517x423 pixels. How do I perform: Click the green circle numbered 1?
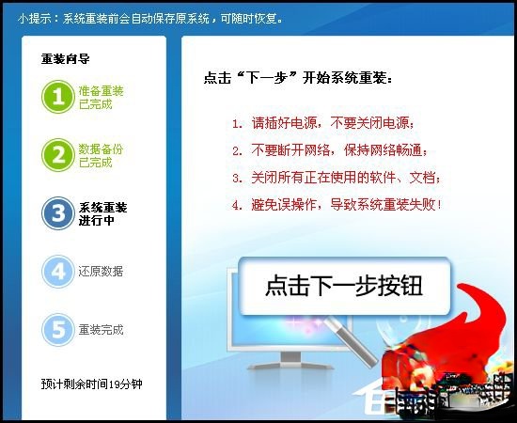[57, 97]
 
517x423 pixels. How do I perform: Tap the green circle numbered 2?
[57, 154]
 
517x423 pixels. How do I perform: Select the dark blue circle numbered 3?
[57, 213]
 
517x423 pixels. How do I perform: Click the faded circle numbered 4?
[57, 272]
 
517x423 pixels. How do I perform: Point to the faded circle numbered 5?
[57, 330]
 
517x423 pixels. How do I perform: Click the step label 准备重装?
[102, 91]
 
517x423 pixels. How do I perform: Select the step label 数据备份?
[102, 149]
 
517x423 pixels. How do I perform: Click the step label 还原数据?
[102, 272]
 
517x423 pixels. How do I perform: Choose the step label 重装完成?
[102, 330]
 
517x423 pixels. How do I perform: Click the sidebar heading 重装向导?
[66, 58]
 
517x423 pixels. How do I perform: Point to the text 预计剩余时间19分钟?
[99, 384]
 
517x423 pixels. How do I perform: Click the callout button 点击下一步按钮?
[343, 286]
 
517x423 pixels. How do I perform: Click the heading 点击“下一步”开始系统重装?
[299, 77]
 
